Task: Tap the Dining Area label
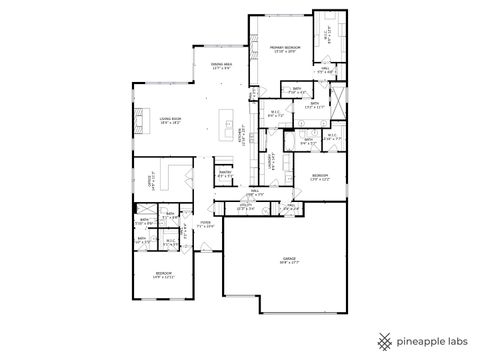(x=222, y=67)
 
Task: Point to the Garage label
(x=289, y=260)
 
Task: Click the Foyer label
(x=205, y=225)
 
